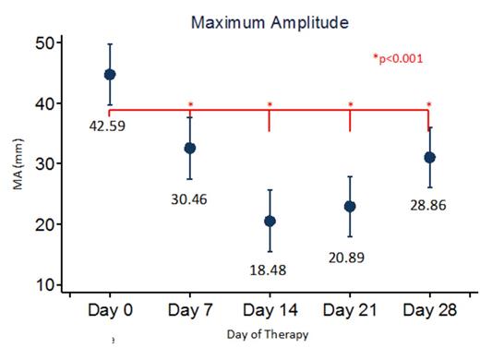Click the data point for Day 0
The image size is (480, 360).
pyautogui.click(x=110, y=74)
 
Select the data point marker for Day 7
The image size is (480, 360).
pyautogui.click(x=190, y=148)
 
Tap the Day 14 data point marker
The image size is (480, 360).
pyautogui.click(x=270, y=221)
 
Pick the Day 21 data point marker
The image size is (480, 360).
pyautogui.click(x=350, y=206)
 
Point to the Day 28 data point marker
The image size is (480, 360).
pyautogui.click(x=429, y=157)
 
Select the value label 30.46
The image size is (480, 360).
pyautogui.click(x=191, y=197)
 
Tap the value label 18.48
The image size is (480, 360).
pyautogui.click(x=270, y=270)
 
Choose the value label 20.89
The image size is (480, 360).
pyautogui.click(x=351, y=256)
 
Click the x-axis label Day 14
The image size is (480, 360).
pyautogui.click(x=270, y=309)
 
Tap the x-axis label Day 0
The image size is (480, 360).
pyautogui.click(x=110, y=309)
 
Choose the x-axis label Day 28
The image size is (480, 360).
pyautogui.click(x=429, y=309)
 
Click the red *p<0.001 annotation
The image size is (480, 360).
pyautogui.click(x=397, y=59)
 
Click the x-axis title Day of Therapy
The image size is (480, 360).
pyautogui.click(x=269, y=332)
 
